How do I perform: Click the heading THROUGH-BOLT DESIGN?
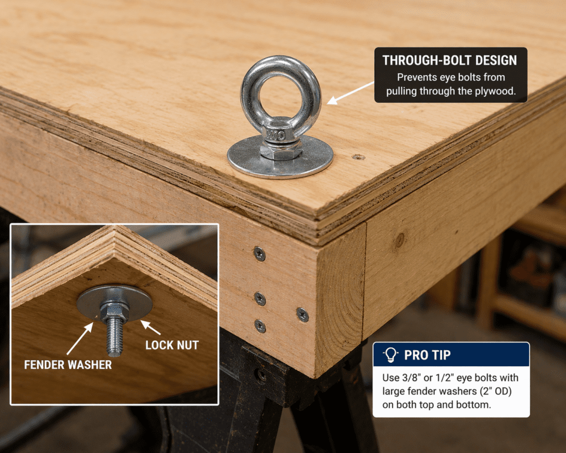(449, 60)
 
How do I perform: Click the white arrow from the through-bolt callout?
(350, 93)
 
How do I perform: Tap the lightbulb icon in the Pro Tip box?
(390, 355)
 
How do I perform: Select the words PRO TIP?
(427, 355)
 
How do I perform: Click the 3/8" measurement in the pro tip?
(411, 377)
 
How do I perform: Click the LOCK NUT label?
(172, 345)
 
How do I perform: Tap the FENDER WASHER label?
(68, 365)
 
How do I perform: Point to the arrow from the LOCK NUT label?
(150, 327)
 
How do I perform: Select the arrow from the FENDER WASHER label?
(80, 338)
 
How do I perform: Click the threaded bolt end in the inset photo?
(115, 338)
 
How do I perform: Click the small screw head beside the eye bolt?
(358, 157)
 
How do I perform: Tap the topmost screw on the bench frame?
(260, 253)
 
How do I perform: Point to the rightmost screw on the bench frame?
(302, 315)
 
